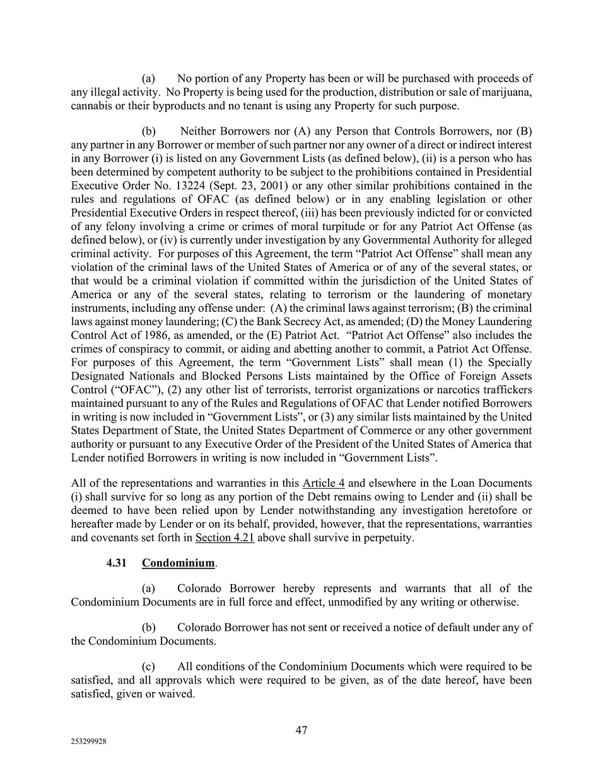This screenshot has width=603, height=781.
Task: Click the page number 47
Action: [x=301, y=730]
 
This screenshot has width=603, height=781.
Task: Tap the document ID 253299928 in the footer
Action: [x=88, y=742]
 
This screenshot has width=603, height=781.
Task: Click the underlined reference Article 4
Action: [x=323, y=484]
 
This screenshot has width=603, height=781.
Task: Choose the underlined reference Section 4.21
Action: [x=225, y=538]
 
